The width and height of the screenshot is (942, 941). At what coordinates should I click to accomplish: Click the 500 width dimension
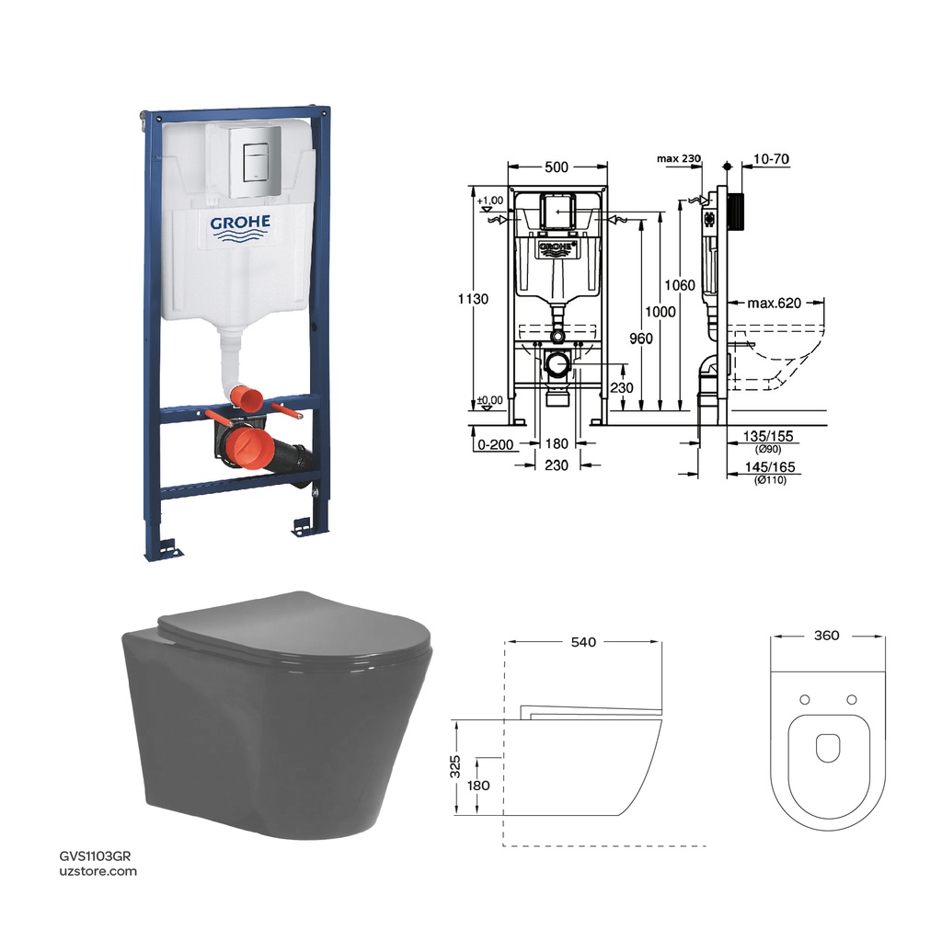click(557, 166)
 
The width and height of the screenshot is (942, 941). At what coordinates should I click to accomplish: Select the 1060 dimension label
click(680, 285)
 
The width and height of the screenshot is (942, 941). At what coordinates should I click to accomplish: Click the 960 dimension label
click(641, 339)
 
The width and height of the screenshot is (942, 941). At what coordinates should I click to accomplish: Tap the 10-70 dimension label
click(771, 159)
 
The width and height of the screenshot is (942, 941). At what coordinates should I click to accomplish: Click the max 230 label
click(679, 159)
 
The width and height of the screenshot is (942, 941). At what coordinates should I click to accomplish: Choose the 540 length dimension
click(584, 642)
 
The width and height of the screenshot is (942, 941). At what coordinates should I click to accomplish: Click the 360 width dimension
click(827, 636)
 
